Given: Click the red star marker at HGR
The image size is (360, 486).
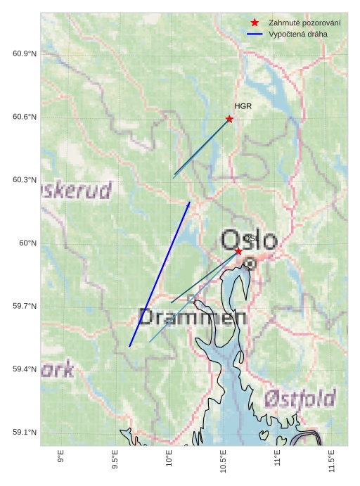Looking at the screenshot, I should [229, 119].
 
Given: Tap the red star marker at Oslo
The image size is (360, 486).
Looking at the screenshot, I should [238, 251].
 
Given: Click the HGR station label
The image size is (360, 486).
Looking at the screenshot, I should [243, 106].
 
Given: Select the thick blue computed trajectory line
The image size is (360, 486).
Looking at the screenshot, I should [160, 274].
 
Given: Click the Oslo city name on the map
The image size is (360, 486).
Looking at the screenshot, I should [249, 240].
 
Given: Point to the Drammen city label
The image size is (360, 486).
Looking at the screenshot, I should [192, 316].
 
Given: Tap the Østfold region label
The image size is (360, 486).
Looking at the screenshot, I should [300, 399].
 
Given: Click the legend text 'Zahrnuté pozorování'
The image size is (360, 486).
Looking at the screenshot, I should [304, 23].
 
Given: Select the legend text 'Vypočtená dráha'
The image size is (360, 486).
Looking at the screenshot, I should [297, 34].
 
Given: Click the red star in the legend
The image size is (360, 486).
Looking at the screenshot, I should [255, 23].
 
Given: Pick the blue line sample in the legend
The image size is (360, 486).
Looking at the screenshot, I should [255, 34].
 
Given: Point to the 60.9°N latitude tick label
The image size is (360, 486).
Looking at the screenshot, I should [24, 54].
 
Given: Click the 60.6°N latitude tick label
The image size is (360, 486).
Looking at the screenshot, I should [24, 117].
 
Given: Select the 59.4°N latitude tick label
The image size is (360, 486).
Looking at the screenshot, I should [24, 369].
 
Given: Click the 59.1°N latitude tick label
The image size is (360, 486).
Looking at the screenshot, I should [24, 433].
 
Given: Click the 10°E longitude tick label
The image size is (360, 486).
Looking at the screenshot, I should [169, 459].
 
